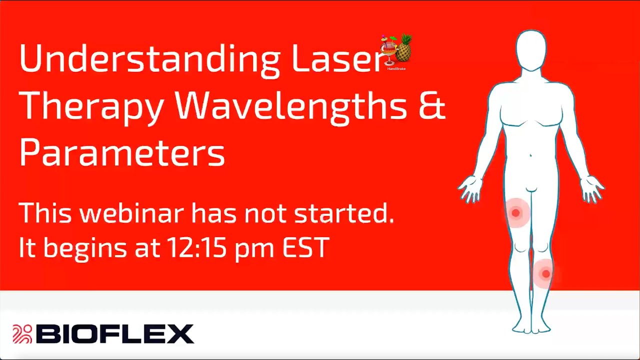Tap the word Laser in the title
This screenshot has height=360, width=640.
pyautogui.click(x=337, y=58)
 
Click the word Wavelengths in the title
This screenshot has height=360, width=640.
pyautogui.click(x=290, y=106)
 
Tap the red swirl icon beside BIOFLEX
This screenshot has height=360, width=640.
pyautogui.click(x=22, y=334)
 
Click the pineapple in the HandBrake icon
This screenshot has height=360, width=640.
pyautogui.click(x=403, y=49)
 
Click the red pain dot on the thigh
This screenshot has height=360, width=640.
pyautogui.click(x=515, y=213)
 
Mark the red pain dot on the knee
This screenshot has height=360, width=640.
pyautogui.click(x=545, y=273)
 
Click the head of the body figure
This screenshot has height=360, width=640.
pyautogui.click(x=531, y=50)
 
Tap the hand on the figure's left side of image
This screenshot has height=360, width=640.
pyautogui.click(x=470, y=188)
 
